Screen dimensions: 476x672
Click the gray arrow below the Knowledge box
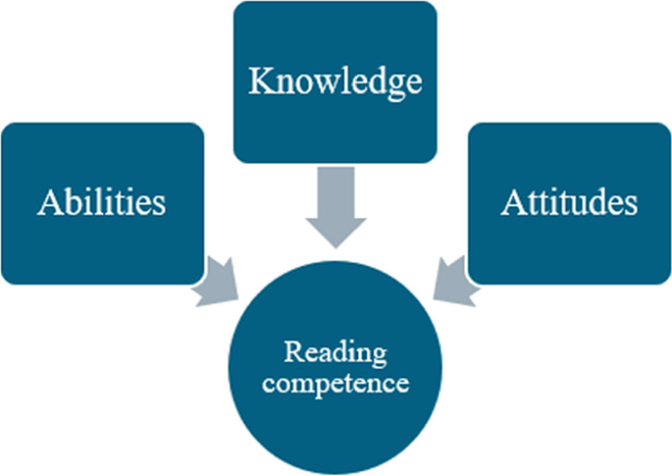click(x=335, y=206)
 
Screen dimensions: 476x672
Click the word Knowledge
click(x=335, y=81)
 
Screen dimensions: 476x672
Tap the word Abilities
click(x=102, y=203)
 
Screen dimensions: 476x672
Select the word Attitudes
click(x=568, y=203)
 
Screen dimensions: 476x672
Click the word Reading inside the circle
click(x=335, y=352)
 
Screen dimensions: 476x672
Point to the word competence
click(x=335, y=382)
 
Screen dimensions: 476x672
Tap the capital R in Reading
click(x=291, y=351)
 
